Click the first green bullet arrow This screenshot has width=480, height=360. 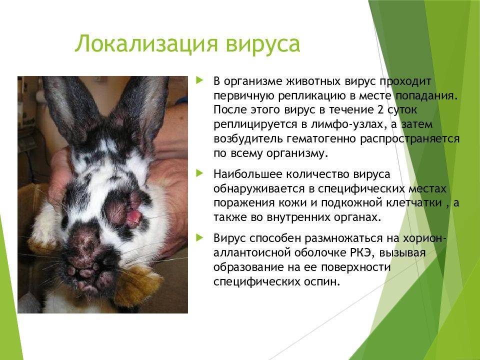pos(199,81)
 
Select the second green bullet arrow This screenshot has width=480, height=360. pos(199,173)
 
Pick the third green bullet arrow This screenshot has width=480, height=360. pos(199,237)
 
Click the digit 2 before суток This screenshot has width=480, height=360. pos(380,110)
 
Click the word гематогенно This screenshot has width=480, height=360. pos(321,138)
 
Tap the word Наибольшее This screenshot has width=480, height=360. pos(247,174)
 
